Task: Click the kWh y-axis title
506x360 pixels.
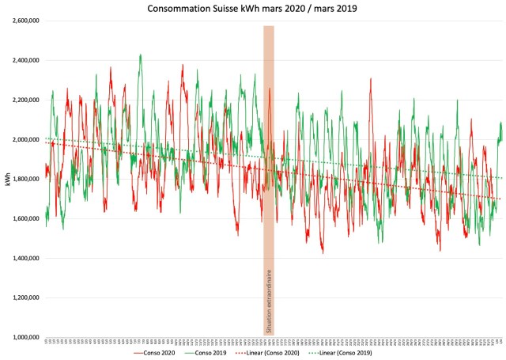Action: coord(7,179)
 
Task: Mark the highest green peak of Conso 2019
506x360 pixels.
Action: coord(140,55)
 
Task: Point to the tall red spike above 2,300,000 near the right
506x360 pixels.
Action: coord(370,78)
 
